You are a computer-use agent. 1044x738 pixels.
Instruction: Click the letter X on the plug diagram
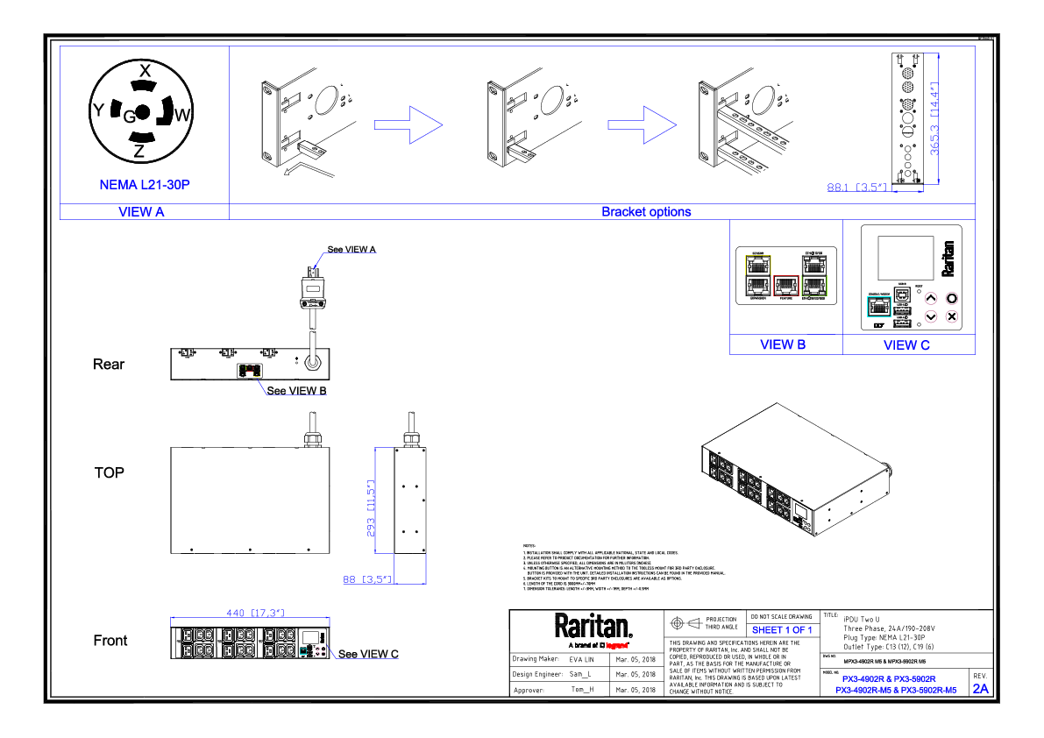(x=146, y=70)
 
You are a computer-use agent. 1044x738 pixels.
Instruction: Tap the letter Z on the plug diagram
(x=139, y=152)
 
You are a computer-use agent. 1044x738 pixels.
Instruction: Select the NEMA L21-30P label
(x=145, y=185)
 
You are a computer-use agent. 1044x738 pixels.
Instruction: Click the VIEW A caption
(x=141, y=211)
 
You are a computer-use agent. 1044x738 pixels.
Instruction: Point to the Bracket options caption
(x=645, y=211)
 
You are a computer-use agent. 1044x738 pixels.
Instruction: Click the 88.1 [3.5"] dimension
(x=859, y=187)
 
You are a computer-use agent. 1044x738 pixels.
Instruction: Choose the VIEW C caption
(x=906, y=345)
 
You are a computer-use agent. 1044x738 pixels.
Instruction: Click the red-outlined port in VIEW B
(x=786, y=283)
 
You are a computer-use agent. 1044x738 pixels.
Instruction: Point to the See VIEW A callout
(x=352, y=250)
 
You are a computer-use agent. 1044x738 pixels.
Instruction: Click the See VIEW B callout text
(x=296, y=390)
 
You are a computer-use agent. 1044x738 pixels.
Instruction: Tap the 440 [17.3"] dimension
(x=250, y=613)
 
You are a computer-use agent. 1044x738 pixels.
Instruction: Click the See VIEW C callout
(x=368, y=654)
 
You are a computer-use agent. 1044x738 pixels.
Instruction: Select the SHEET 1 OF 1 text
(x=782, y=629)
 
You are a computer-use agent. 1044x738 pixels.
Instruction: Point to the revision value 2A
(x=979, y=689)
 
